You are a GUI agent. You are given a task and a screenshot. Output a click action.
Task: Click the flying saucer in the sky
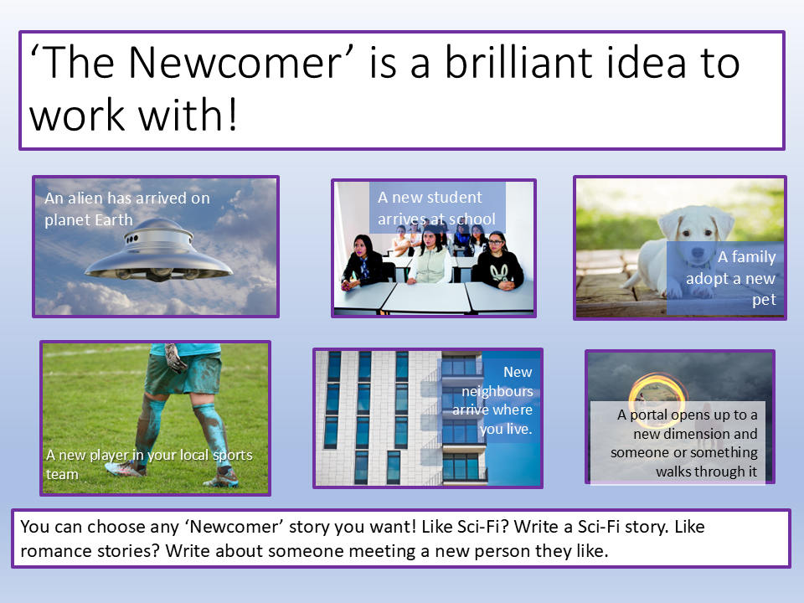click(x=159, y=250)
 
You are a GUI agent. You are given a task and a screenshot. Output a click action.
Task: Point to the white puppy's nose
click(x=698, y=252)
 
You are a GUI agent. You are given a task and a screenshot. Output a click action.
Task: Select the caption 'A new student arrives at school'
click(x=437, y=209)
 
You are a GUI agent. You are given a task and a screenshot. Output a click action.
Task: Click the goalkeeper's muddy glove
click(x=176, y=358)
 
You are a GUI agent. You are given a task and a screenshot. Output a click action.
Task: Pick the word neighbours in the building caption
click(x=497, y=391)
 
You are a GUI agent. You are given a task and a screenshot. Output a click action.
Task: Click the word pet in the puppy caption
click(x=764, y=300)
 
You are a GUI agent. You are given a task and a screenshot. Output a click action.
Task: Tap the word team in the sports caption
click(x=62, y=474)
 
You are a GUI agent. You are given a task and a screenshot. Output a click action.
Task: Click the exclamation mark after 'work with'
click(x=232, y=115)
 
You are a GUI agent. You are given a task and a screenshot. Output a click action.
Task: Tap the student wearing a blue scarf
click(x=363, y=262)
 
